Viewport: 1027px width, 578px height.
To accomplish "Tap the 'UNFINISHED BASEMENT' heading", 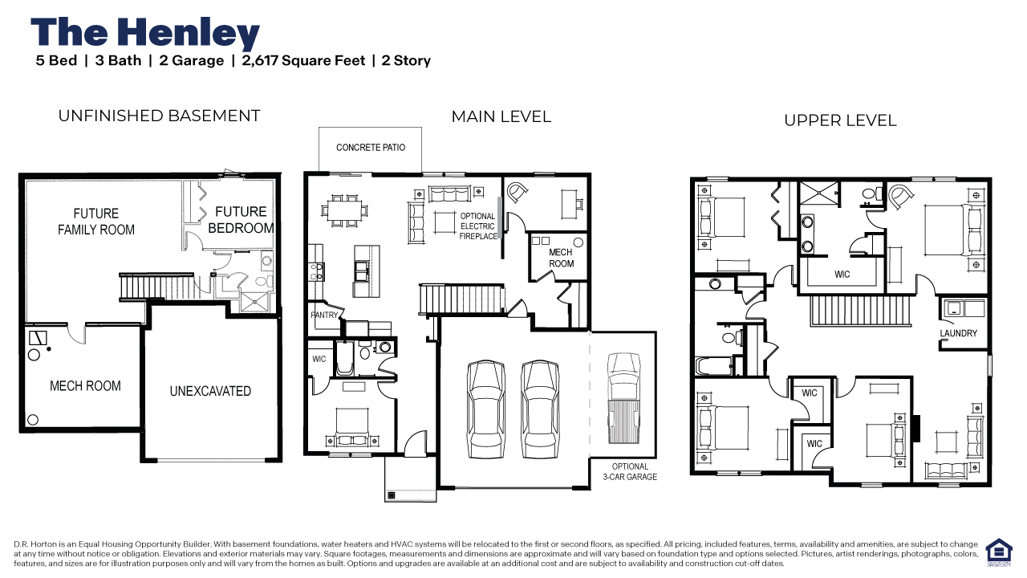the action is click(x=159, y=116).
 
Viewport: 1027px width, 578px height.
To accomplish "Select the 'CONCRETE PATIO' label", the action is click(x=371, y=147).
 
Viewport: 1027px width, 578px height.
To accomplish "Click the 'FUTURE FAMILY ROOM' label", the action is click(x=96, y=221).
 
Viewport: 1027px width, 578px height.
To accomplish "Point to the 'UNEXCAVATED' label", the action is click(x=210, y=391).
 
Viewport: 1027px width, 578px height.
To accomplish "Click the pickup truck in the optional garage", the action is click(x=623, y=398).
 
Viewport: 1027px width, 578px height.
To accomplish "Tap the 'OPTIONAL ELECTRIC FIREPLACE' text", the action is click(x=478, y=226).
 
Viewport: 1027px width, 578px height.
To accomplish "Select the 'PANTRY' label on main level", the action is click(x=324, y=315).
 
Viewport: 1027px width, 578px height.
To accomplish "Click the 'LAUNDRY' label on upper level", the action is click(x=958, y=333).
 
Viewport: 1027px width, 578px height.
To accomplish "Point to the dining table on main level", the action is click(x=345, y=211).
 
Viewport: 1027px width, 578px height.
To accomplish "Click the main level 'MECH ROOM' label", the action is click(x=561, y=258).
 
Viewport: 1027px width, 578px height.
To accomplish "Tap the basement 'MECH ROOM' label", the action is click(x=85, y=386).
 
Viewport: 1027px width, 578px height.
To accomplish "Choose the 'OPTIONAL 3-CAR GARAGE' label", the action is click(x=630, y=471).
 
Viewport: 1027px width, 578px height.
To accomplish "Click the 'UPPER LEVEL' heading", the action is click(x=840, y=120).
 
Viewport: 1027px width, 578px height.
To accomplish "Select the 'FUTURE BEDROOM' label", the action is click(x=242, y=220).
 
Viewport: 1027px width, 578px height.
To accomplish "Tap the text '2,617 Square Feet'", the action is click(x=303, y=60).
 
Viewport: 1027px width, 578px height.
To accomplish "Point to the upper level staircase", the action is click(x=860, y=311).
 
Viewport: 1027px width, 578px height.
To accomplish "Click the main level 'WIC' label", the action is click(x=319, y=359).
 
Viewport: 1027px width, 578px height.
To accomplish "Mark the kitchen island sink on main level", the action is click(x=361, y=271).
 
